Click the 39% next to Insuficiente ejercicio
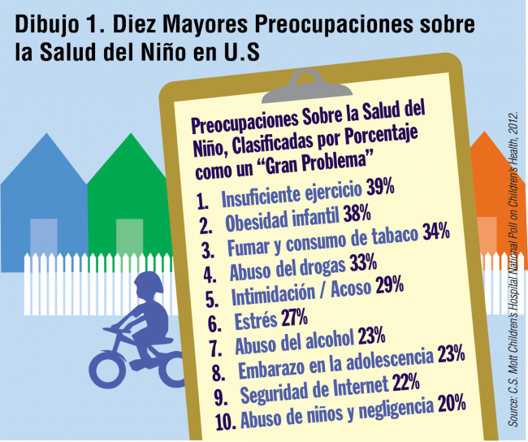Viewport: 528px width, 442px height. tap(379, 188)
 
